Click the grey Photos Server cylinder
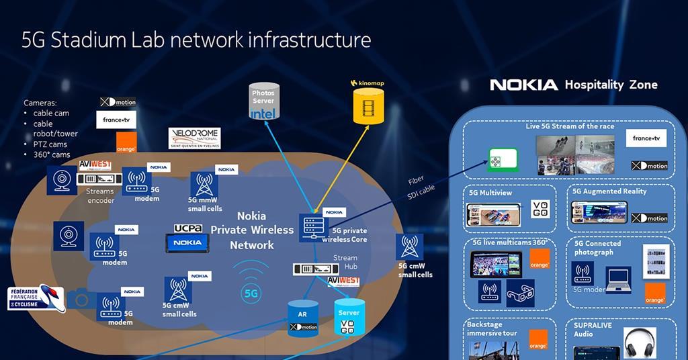pyautogui.click(x=263, y=103)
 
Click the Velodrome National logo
pyautogui.click(x=193, y=138)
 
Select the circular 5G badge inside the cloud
pyautogui.click(x=251, y=293)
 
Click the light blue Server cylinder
pyautogui.click(x=349, y=318)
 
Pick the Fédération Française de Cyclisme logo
pyautogui.click(x=35, y=298)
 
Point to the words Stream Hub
pyautogui.click(x=345, y=262)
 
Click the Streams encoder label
pyautogui.click(x=100, y=195)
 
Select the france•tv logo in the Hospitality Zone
pyautogui.click(x=646, y=138)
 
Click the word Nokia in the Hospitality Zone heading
pyautogui.click(x=523, y=85)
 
